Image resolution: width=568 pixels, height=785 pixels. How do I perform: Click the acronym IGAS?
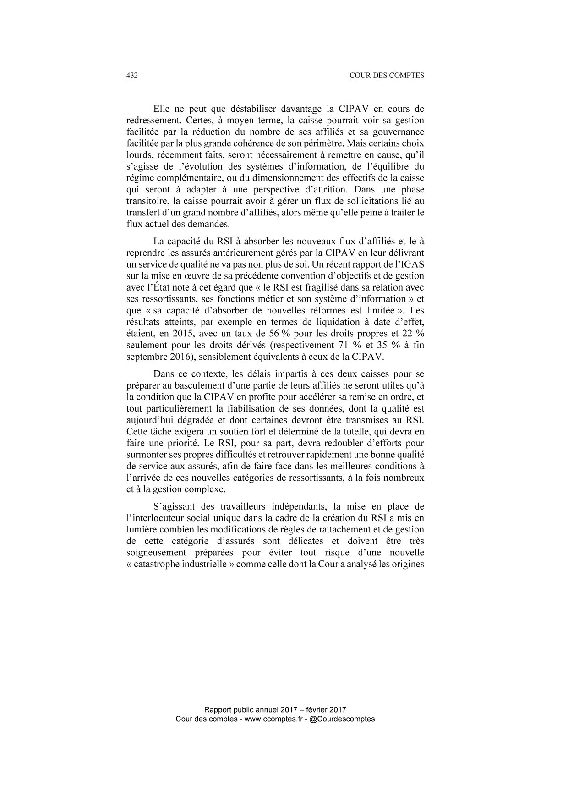coord(411,264)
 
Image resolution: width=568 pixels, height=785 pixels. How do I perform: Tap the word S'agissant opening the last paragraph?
coord(172,506)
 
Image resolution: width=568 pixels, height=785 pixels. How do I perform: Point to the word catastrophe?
coord(161,564)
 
